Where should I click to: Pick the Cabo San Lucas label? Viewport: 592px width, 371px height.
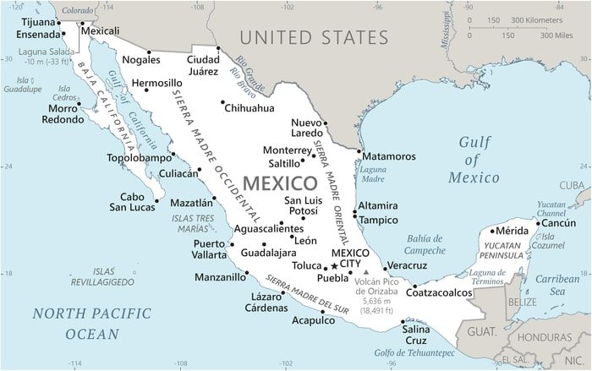132,200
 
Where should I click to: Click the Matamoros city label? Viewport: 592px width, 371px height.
390,156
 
